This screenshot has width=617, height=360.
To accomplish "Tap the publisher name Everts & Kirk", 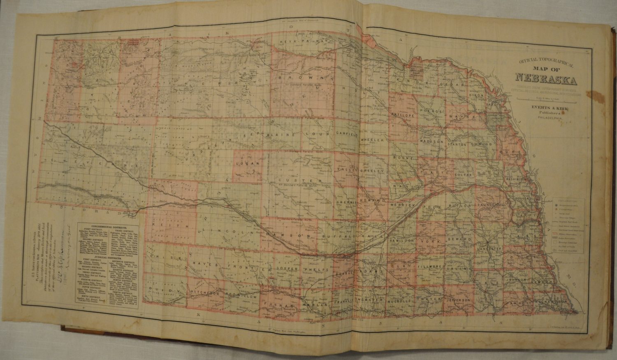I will tap(546, 109).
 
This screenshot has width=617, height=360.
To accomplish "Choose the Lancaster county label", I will tap(489, 249).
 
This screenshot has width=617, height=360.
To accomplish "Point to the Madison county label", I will tap(431, 141).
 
